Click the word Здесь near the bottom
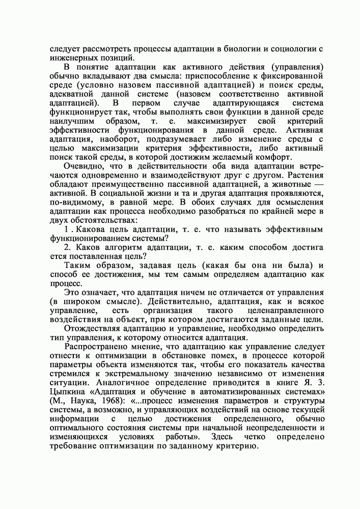pyautogui.click(x=223, y=437)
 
